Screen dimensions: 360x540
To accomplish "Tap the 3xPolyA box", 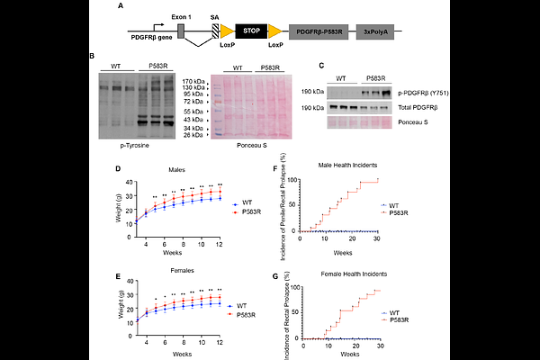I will tap(374, 31).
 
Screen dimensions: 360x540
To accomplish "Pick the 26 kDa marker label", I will tap(194, 137).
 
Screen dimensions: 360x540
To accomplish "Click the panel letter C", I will tap(322, 65).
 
